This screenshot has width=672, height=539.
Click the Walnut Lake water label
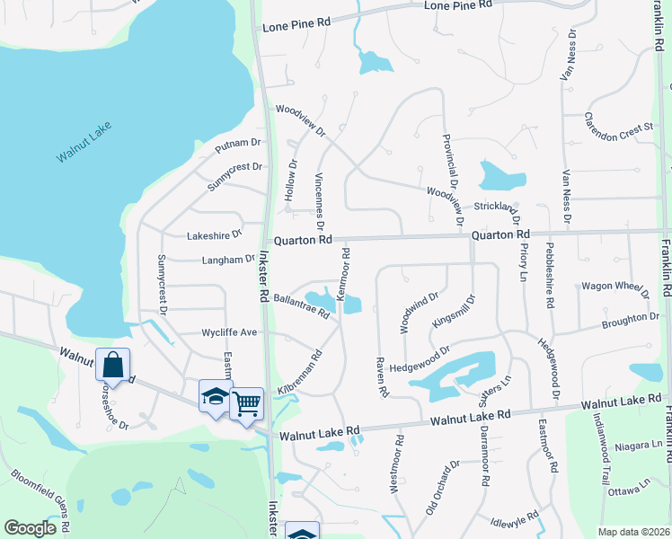(83, 141)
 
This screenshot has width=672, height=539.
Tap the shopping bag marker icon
(112, 365)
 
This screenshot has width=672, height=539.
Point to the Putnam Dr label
(238, 143)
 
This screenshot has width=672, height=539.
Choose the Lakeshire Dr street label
(215, 235)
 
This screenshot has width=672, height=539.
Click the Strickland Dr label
(496, 208)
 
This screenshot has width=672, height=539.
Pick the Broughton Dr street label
(630, 319)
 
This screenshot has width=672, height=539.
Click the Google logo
(30, 528)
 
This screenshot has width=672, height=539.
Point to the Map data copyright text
(633, 532)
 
